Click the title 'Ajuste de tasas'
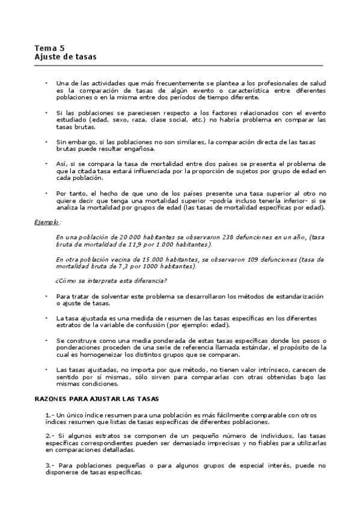(x=66, y=57)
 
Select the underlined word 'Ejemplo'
(x=46, y=222)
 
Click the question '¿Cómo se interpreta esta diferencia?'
(x=111, y=281)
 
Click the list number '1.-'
(x=50, y=416)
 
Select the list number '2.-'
(x=50, y=435)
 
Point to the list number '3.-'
(x=50, y=465)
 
